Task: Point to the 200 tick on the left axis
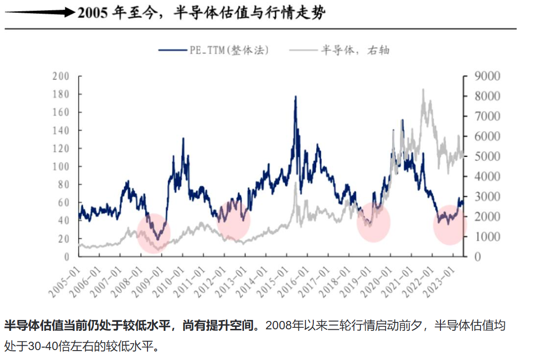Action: tap(61, 77)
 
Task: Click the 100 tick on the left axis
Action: tap(61, 167)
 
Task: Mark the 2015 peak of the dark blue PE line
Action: tap(295, 97)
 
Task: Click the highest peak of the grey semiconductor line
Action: tap(423, 90)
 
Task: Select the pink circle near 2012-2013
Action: tap(234, 219)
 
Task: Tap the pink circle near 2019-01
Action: tap(374, 223)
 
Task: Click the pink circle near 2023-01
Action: tap(450, 225)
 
